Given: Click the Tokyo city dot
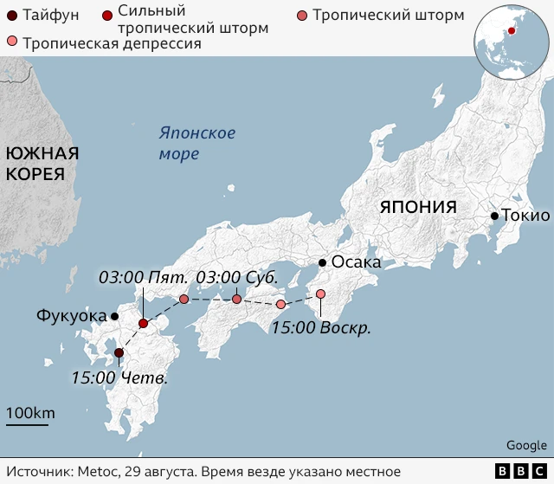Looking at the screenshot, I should click(x=493, y=216).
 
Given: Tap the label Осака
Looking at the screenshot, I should click(x=356, y=262).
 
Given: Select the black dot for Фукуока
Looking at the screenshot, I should click(x=115, y=316).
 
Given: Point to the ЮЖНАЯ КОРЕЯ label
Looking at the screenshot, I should click(x=42, y=163).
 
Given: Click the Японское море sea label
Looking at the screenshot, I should click(x=196, y=144).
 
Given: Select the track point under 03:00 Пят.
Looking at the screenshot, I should click(x=184, y=299).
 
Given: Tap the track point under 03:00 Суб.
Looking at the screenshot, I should click(x=236, y=299).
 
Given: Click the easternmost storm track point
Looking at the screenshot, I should click(x=320, y=294).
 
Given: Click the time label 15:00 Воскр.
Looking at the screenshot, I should click(x=320, y=328).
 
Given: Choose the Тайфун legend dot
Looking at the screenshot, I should click(x=10, y=15).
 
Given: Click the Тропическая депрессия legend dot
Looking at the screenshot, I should click(x=11, y=42).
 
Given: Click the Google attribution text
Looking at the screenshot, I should click(x=526, y=445).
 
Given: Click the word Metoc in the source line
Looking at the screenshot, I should click(x=93, y=470).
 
